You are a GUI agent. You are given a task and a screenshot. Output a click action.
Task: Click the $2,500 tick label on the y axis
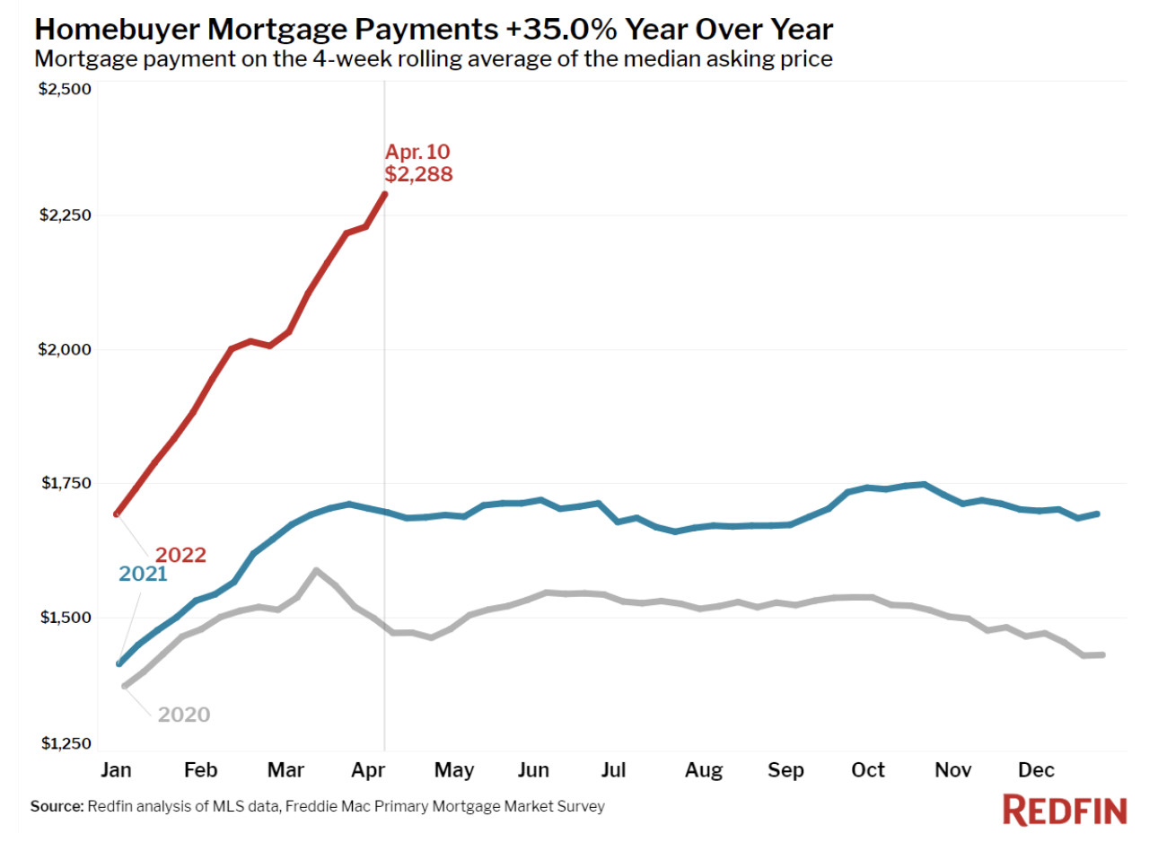pyautogui.click(x=65, y=89)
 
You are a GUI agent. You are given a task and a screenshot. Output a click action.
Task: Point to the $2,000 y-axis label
pyautogui.click(x=65, y=349)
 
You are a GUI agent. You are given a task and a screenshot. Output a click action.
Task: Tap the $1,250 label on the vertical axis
pyautogui.click(x=66, y=743)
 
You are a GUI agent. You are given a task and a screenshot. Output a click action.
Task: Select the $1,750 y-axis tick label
pyautogui.click(x=66, y=483)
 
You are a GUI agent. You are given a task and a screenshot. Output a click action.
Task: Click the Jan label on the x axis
pyautogui.click(x=116, y=770)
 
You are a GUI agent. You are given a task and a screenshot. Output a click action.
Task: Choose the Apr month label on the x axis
pyautogui.click(x=368, y=770)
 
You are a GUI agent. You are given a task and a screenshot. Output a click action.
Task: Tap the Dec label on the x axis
pyautogui.click(x=1036, y=770)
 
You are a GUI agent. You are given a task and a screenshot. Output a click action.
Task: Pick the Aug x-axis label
pyautogui.click(x=704, y=770)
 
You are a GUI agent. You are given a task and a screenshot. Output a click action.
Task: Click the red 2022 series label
pyautogui.click(x=180, y=555)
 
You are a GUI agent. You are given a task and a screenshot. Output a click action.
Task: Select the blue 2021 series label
pyautogui.click(x=143, y=574)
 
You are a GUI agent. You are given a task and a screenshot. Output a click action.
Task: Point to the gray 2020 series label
pyautogui.click(x=184, y=715)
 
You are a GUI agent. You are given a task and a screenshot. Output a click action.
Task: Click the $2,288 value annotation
pyautogui.click(x=418, y=174)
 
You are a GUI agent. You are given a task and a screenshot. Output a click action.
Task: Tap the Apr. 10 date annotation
pyautogui.click(x=417, y=152)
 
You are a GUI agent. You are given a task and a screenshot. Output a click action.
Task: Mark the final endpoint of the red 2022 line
pyautogui.click(x=385, y=194)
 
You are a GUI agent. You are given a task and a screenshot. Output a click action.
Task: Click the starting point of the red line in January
pyautogui.click(x=118, y=513)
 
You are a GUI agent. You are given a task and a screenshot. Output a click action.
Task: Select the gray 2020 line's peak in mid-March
pyautogui.click(x=316, y=570)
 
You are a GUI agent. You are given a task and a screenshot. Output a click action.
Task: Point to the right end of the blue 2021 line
pyautogui.click(x=1097, y=513)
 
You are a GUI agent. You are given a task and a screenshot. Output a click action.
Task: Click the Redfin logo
pyautogui.click(x=1064, y=811)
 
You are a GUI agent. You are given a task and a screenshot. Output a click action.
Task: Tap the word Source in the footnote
pyautogui.click(x=57, y=806)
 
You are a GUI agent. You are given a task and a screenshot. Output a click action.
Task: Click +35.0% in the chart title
pyautogui.click(x=561, y=29)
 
